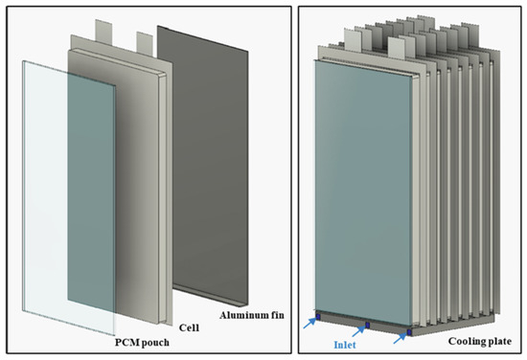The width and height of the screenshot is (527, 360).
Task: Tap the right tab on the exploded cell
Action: [145, 43]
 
